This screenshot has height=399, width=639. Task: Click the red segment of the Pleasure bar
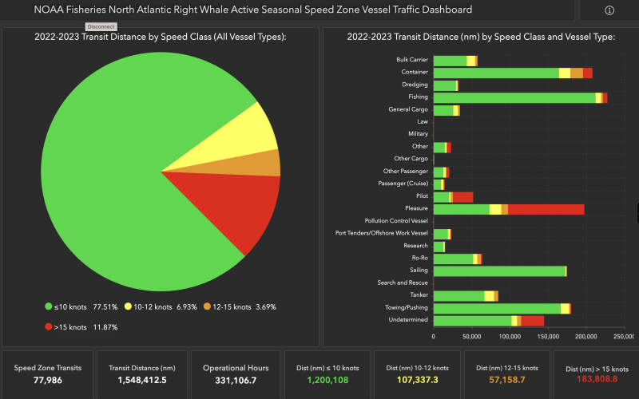point(546,209)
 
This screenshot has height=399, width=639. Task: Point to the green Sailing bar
point(498,271)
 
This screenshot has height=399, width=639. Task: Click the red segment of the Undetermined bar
point(532,321)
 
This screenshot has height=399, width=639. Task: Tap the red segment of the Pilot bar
point(462,196)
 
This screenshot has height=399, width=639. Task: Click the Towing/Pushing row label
point(407,307)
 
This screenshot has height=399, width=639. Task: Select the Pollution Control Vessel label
point(396,221)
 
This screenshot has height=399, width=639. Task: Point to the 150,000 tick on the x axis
point(548,337)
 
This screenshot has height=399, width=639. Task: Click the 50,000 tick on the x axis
point(471,337)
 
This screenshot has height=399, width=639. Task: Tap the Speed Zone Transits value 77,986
point(47,381)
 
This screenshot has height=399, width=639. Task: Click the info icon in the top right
point(609,10)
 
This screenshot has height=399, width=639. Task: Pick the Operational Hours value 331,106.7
point(235,381)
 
